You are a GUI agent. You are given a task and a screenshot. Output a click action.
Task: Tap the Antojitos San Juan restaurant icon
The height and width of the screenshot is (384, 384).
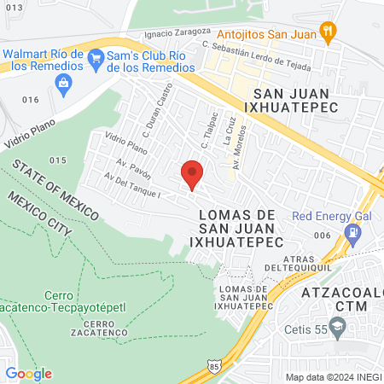pyautogui.click(x=328, y=32)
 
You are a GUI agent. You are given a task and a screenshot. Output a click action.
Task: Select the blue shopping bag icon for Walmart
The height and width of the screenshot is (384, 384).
pyautogui.click(x=62, y=82)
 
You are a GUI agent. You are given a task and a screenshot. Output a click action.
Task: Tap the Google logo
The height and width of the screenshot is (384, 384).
pyautogui.click(x=28, y=373)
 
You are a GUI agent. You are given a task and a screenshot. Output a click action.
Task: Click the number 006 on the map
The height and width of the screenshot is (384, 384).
pyautogui.click(x=322, y=235)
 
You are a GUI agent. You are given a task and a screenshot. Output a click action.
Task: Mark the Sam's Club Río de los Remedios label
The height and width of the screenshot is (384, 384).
pyautogui.click(x=149, y=61)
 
